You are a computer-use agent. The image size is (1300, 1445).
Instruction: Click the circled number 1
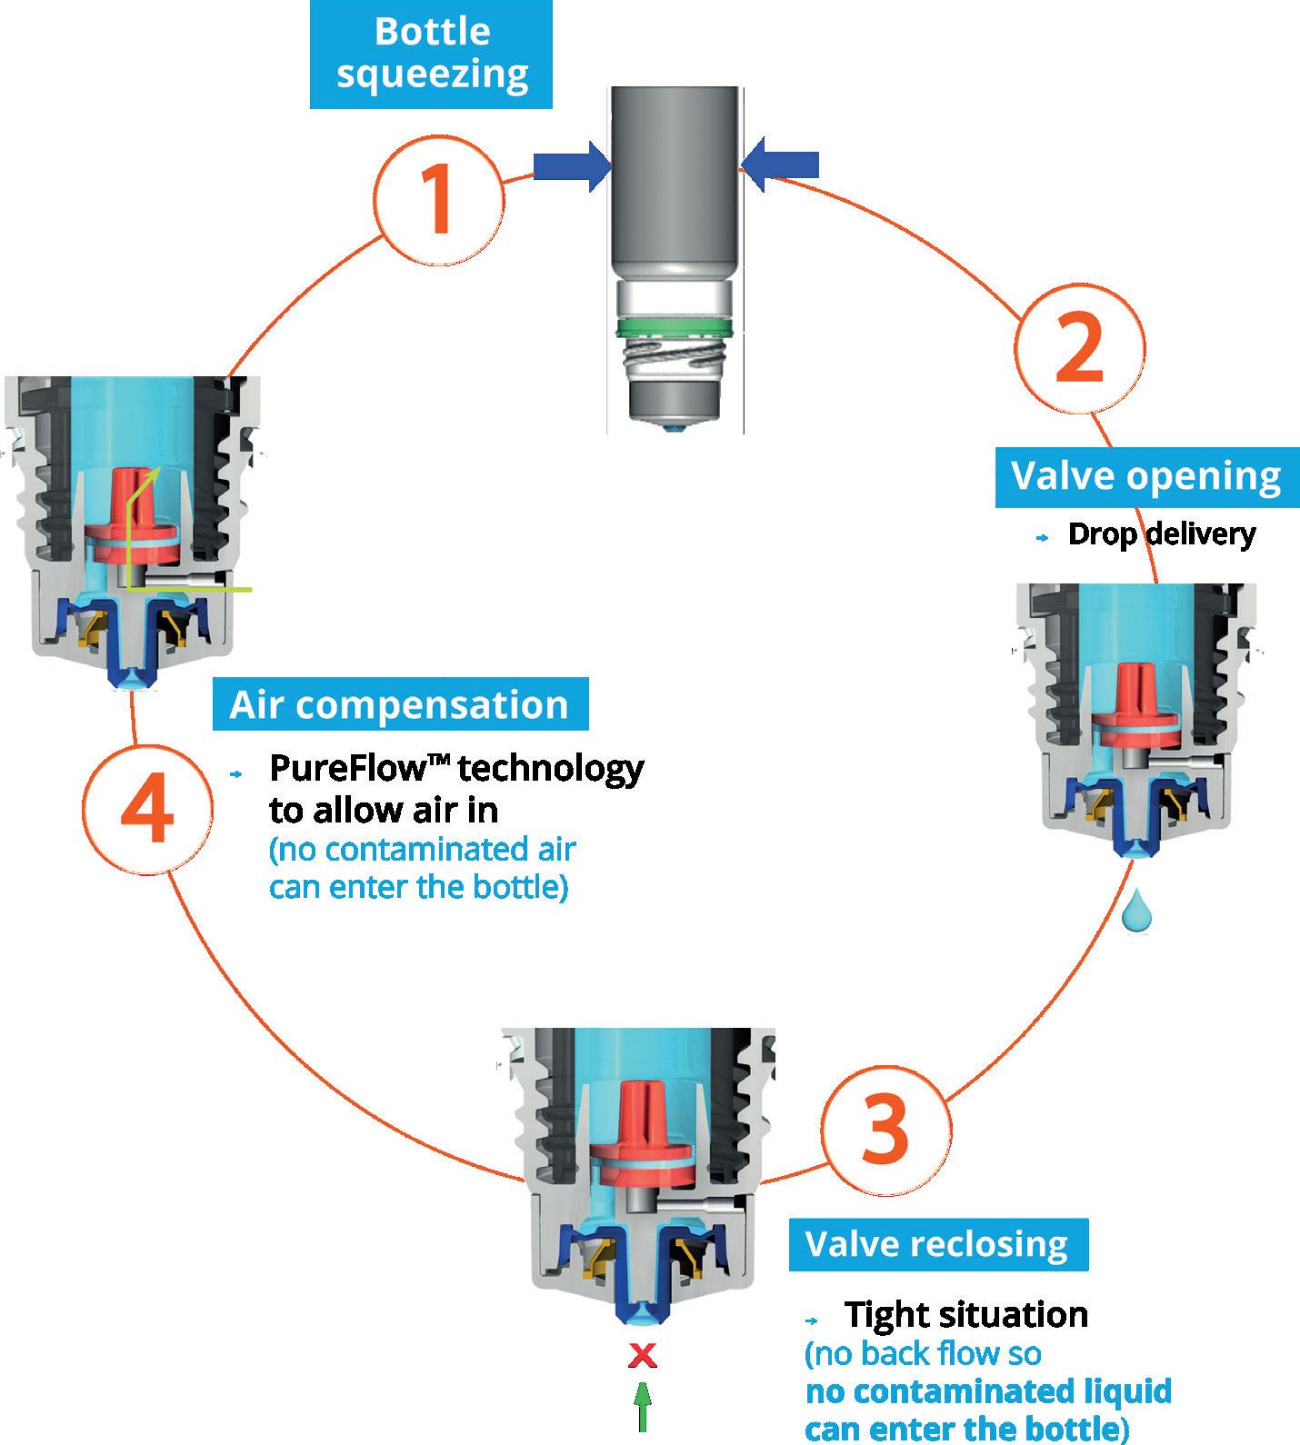coord(440,199)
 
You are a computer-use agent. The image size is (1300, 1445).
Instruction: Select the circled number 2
coord(1080,348)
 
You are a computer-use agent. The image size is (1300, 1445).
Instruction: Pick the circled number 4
coord(147,807)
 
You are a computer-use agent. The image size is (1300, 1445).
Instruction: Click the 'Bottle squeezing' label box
coord(432,54)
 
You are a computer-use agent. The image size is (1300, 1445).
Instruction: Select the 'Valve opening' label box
coord(1145,476)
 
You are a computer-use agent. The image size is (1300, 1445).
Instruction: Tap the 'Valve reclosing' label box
coord(937,1244)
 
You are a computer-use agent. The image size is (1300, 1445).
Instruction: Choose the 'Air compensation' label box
coord(400,704)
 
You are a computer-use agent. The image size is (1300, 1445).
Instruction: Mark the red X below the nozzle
coord(643,1357)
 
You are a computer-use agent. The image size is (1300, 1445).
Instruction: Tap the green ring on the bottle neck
coord(674,325)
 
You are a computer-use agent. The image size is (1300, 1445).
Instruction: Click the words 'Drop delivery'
coord(1161,534)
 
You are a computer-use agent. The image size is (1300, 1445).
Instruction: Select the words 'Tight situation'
coord(965,1314)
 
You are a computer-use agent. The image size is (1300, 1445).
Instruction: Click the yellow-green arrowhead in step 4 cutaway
coord(156,471)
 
